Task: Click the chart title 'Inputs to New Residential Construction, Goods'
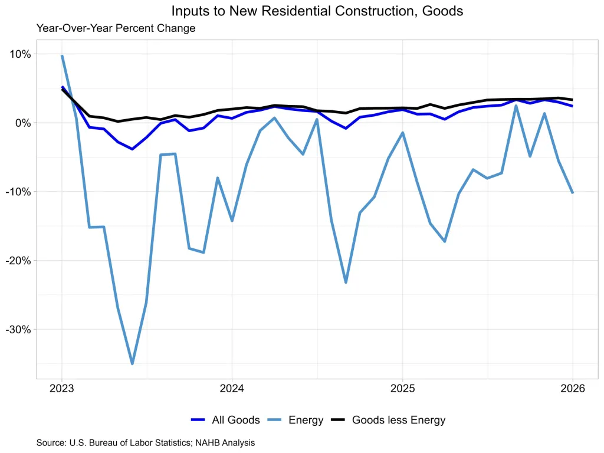click(x=317, y=11)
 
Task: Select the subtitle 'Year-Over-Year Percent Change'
click(x=116, y=28)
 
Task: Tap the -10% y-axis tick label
click(x=18, y=192)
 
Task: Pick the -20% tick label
click(x=18, y=261)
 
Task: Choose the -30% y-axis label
click(x=18, y=329)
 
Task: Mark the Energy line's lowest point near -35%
click(x=132, y=363)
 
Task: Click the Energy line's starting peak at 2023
click(x=62, y=56)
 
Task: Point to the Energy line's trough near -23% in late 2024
click(x=346, y=283)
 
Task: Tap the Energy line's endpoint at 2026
click(x=572, y=192)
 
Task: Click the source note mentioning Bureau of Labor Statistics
click(x=145, y=442)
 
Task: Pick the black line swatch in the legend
click(x=337, y=420)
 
